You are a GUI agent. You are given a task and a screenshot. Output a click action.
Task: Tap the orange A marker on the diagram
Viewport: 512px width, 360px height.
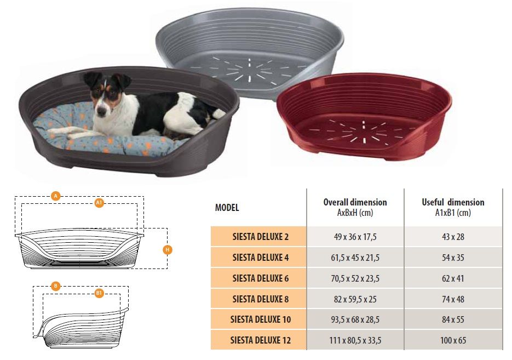56,196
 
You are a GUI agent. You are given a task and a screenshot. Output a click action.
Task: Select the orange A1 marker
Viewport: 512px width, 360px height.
99,203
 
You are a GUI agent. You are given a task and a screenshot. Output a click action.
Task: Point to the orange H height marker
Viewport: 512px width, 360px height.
168,250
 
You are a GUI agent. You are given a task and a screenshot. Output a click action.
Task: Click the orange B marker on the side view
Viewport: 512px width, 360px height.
56,286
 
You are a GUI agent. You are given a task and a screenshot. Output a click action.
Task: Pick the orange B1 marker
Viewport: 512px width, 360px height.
99,293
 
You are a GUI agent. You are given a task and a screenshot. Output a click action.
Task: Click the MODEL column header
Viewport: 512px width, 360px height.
227,208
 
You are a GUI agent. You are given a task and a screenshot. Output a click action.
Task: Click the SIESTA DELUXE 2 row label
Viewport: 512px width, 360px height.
261,237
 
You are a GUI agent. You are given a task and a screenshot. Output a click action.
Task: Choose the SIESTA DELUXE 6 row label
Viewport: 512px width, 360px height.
261,278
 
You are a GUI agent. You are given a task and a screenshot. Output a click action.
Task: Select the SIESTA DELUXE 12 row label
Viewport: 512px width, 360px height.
261,340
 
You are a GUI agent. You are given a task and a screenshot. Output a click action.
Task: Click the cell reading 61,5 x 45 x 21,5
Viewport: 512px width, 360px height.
355,258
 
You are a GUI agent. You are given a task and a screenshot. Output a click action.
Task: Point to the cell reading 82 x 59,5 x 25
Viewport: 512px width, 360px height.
355,299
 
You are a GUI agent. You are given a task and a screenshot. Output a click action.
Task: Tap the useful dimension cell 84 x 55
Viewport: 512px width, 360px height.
453,319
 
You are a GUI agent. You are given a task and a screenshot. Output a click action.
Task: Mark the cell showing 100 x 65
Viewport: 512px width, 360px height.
453,340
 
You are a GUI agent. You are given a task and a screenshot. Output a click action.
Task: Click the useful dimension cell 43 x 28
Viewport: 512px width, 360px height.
453,237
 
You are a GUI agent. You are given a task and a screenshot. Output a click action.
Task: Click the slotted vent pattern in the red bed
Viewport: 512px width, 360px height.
363,132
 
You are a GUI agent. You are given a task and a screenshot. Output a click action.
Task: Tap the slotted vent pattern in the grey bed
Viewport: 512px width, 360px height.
249,70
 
